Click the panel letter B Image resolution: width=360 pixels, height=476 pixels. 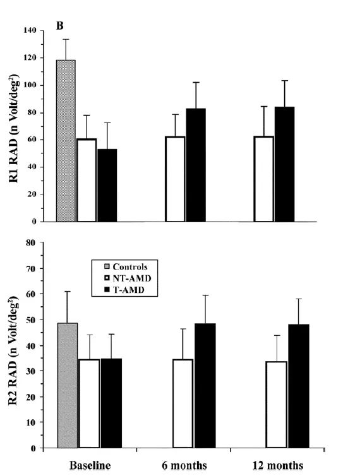coord(59,27)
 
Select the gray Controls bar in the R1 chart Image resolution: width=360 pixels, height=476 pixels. coord(66,141)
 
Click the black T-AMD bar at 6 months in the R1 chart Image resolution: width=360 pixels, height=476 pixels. coord(196,165)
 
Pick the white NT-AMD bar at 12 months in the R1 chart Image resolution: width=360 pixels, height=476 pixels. coord(264,179)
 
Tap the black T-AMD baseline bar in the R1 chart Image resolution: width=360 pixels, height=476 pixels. coord(107,185)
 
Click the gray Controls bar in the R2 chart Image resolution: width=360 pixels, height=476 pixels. coord(68,385)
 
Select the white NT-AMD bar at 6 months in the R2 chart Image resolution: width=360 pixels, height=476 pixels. coord(183,403)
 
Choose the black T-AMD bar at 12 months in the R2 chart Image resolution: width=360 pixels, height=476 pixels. coord(299,386)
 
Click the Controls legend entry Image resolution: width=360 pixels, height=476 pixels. coord(126,267)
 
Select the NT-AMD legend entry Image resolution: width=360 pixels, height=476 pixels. coord(128,278)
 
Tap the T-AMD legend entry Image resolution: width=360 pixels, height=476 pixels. coord(124,290)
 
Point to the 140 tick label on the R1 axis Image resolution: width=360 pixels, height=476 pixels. coord(30,30)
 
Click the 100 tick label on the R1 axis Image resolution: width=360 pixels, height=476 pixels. coord(30,85)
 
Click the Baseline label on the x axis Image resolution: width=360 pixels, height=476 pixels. coord(90,465)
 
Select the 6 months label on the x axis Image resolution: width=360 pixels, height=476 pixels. coord(184,465)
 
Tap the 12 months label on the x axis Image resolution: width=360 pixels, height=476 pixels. coord(278,465)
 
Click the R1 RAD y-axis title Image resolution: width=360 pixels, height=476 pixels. coord(14,128)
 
